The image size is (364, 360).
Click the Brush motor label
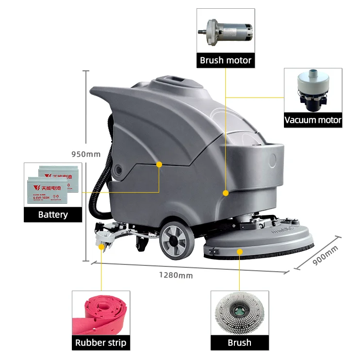pyautogui.click(x=226, y=61)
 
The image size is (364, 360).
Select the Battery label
pyautogui.click(x=53, y=214)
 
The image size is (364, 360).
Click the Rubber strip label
pyautogui.click(x=100, y=343)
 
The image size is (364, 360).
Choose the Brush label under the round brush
pyautogui.click(x=239, y=343)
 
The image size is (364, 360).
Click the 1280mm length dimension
pyautogui.click(x=176, y=275)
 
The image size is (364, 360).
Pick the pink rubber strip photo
pyautogui.click(x=100, y=313)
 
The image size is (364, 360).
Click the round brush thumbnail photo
pyautogui.click(x=239, y=313)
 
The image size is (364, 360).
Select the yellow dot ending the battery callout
pyautogui.click(x=159, y=165)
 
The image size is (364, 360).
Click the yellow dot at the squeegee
pyautogui.click(x=101, y=246)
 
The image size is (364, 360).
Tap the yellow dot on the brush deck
pyautogui.click(x=240, y=251)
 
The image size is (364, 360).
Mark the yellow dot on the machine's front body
pyautogui.click(x=226, y=193)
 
